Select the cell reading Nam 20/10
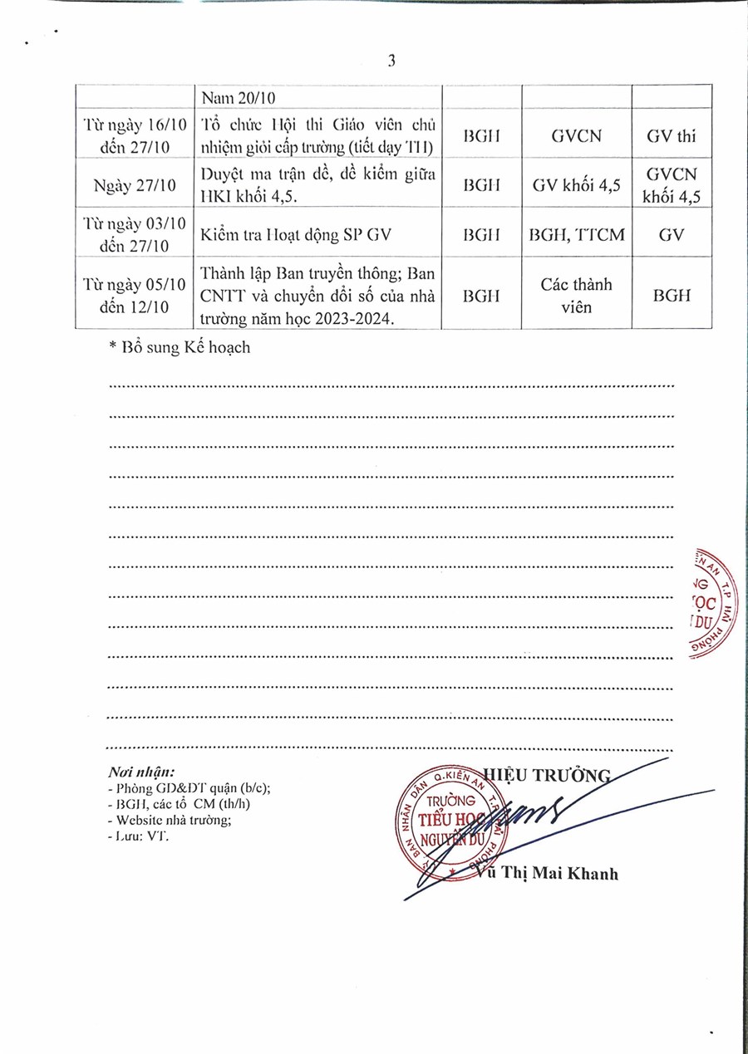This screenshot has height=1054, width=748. pyautogui.click(x=239, y=98)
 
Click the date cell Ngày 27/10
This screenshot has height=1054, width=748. pyautogui.click(x=135, y=185)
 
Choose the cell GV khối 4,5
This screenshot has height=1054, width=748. pyautogui.click(x=576, y=185)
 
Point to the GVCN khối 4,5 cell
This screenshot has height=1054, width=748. pyautogui.click(x=672, y=185)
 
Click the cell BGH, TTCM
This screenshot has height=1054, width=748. pyautogui.click(x=576, y=234)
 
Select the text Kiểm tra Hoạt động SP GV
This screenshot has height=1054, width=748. pyautogui.click(x=294, y=234)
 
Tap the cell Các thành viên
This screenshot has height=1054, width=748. pyautogui.click(x=576, y=295)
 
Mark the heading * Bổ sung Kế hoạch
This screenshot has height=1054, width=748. pyautogui.click(x=180, y=348)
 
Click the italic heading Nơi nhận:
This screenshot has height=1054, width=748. pyautogui.click(x=141, y=771)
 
